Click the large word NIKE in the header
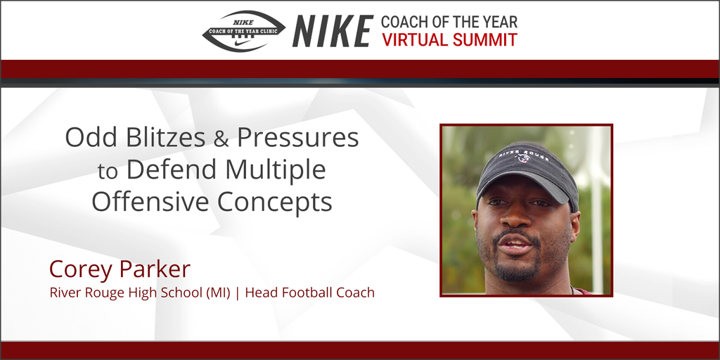(x=333, y=32)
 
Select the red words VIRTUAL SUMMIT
(x=449, y=40)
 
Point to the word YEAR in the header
(x=496, y=22)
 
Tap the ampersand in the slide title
(x=221, y=139)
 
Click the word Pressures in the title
(x=297, y=137)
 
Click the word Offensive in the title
(x=150, y=202)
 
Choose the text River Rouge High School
(x=124, y=292)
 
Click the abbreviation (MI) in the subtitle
(x=216, y=292)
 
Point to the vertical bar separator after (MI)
(x=238, y=292)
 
